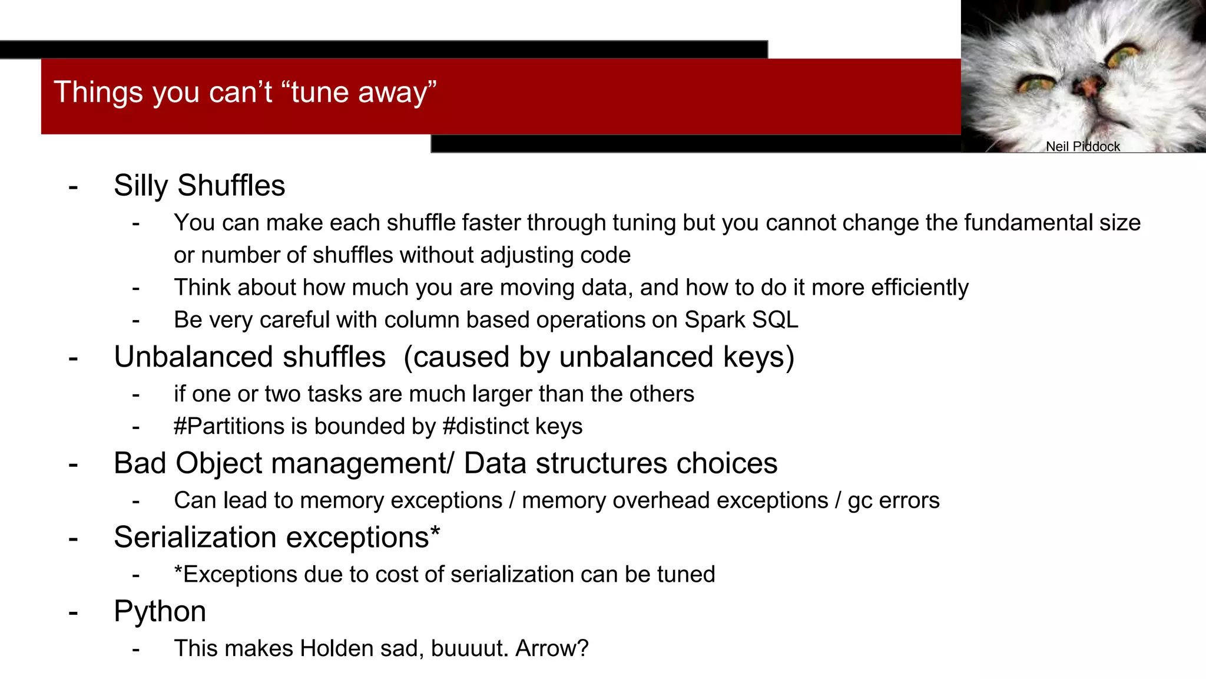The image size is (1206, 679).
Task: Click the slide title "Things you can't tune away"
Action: click(245, 93)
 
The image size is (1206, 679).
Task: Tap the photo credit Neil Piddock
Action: click(1082, 147)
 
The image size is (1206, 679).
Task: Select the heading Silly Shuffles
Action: click(199, 186)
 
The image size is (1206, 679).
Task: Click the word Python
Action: click(160, 611)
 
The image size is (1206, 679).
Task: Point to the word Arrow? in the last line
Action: click(552, 648)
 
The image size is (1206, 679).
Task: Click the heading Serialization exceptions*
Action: click(277, 538)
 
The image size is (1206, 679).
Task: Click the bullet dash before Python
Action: click(73, 612)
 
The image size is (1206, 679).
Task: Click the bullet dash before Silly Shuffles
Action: click(73, 187)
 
